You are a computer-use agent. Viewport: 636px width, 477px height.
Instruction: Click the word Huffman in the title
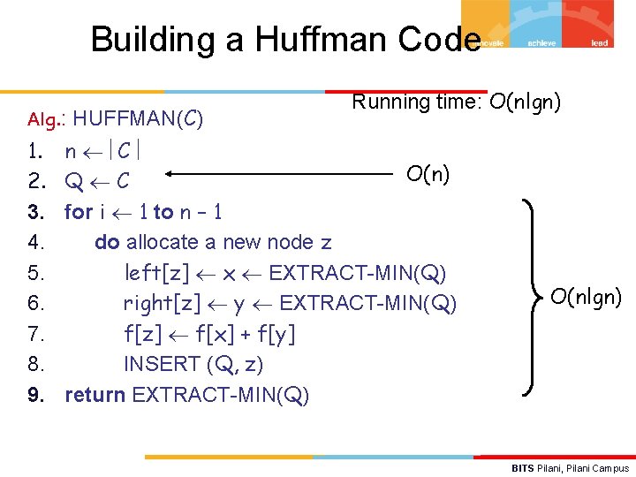coord(321,39)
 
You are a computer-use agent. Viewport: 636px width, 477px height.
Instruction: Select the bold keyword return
coord(95,394)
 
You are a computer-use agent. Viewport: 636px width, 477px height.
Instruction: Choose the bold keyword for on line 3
coord(79,212)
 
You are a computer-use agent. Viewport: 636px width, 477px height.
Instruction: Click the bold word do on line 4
coord(107,242)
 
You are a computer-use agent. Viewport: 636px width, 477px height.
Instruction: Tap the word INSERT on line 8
coord(162,364)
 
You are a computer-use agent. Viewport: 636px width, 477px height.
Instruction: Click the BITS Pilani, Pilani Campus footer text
coord(571,467)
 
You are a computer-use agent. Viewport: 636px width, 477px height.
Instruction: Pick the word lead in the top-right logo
coord(599,43)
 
